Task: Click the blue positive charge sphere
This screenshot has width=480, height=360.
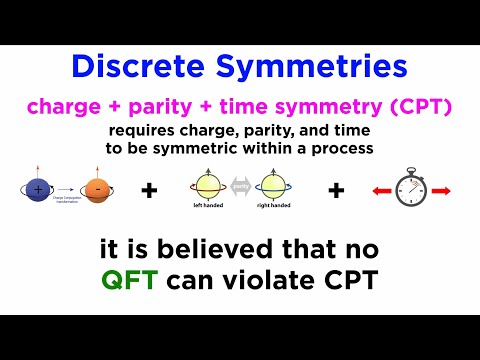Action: click(37, 188)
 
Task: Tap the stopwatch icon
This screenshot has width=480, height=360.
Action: click(411, 187)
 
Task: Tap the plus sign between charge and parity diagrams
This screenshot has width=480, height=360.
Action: click(149, 189)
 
